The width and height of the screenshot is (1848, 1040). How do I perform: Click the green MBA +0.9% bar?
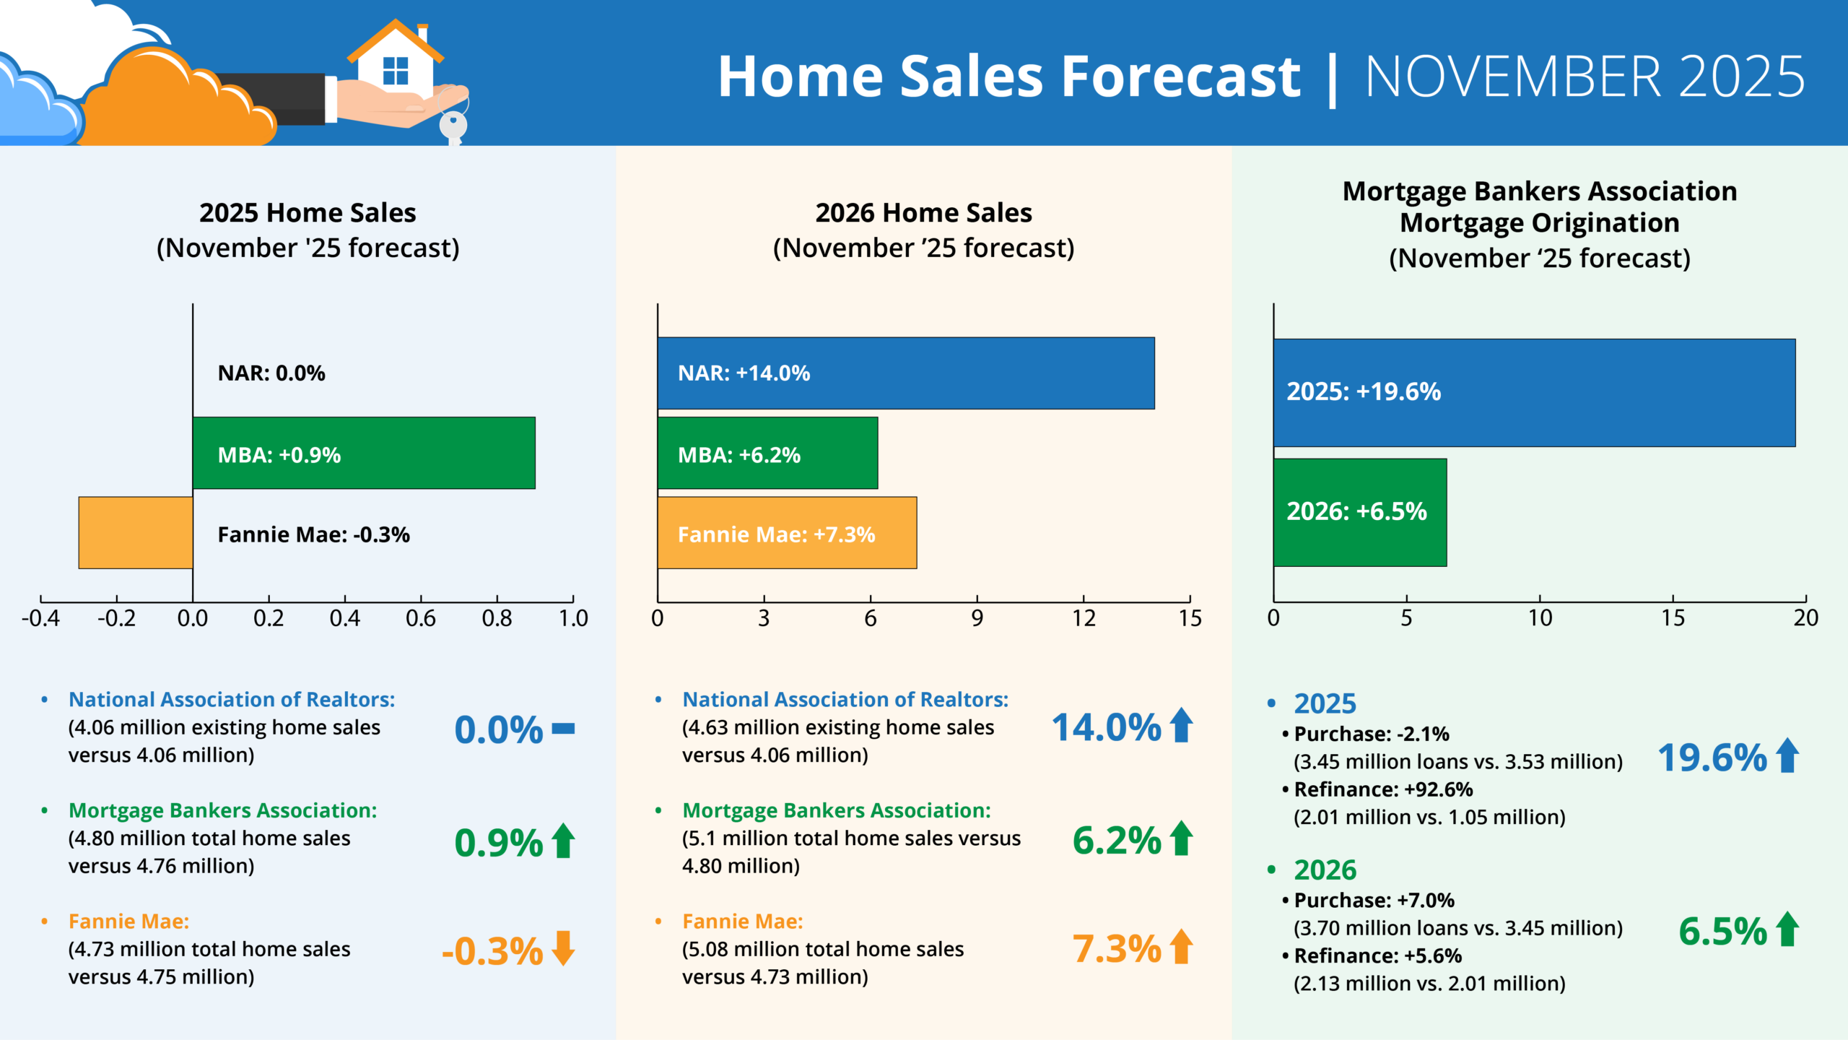click(x=433, y=453)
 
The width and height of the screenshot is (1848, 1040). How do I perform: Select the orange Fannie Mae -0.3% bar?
click(x=136, y=532)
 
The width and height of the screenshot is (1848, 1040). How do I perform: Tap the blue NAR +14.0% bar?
click(x=975, y=373)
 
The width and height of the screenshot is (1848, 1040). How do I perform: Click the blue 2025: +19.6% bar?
click(x=1588, y=392)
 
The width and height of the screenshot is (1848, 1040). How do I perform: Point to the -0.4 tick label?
click(x=40, y=618)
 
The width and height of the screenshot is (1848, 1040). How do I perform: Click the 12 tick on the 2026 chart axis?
click(x=1083, y=618)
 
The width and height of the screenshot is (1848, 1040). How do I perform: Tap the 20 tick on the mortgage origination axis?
click(x=1805, y=618)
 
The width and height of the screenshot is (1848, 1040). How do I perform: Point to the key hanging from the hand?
click(x=453, y=126)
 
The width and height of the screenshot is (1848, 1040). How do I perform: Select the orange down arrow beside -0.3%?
click(x=563, y=948)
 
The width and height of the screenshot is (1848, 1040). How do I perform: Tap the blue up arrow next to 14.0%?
click(x=1181, y=725)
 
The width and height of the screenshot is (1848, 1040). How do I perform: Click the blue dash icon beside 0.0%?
click(x=563, y=729)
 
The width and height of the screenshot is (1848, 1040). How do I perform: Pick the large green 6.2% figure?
click(x=1116, y=841)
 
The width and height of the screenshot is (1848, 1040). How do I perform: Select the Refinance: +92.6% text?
click(x=1382, y=789)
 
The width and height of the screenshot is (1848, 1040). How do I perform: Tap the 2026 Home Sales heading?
click(x=923, y=213)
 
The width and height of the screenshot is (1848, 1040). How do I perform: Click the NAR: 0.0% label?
click(x=271, y=373)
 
